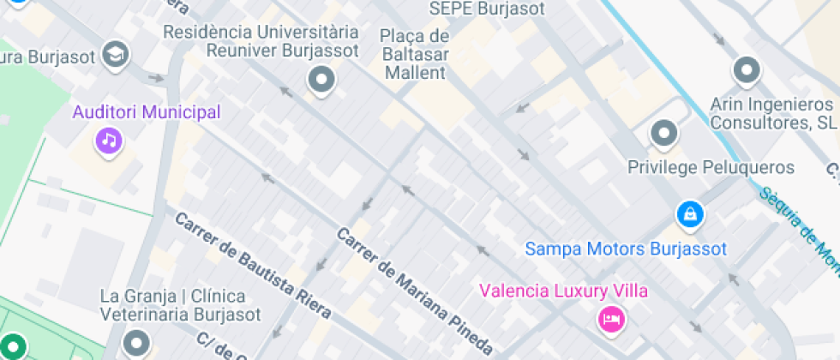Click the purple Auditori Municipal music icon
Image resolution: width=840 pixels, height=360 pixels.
point(108,139)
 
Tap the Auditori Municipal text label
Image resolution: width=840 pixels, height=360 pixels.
point(147,112)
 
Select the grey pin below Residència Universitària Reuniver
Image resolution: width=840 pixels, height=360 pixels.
point(321,81)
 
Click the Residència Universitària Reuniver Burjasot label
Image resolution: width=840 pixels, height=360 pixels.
point(260,41)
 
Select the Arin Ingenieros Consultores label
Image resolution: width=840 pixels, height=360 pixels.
point(772,114)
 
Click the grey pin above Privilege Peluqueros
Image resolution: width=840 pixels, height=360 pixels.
point(664,134)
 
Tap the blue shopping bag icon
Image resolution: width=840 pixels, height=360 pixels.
point(689,214)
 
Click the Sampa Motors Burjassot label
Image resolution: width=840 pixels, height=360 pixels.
point(626,249)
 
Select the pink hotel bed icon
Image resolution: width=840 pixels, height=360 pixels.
point(611,319)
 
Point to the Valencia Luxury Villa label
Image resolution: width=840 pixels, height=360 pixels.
point(563,291)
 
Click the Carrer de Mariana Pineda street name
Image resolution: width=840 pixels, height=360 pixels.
point(415,291)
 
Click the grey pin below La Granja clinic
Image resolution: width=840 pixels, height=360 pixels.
point(136,345)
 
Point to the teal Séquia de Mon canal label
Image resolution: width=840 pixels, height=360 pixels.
point(800,227)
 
